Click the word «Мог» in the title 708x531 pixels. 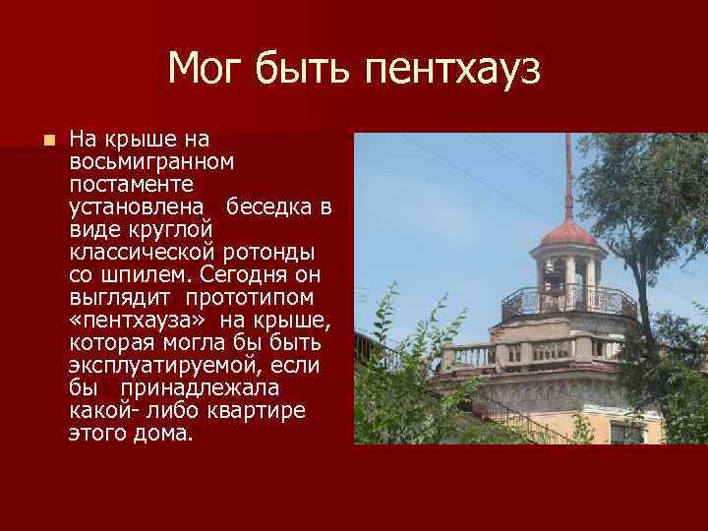[205, 69]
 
